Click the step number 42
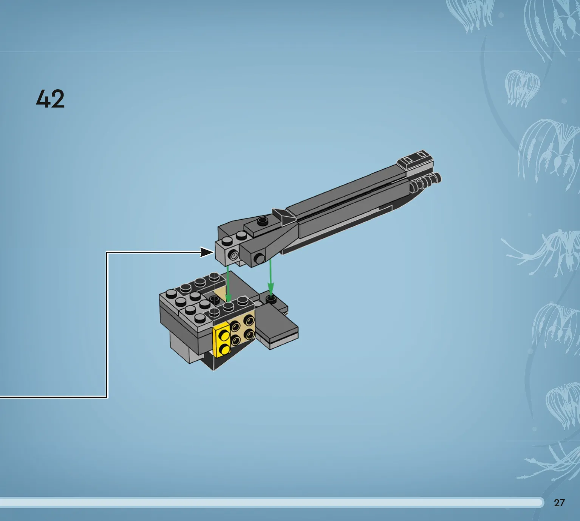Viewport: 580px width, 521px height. click(50, 99)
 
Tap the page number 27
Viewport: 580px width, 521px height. click(559, 502)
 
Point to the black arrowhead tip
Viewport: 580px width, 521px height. click(214, 252)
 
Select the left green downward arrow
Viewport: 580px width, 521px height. click(228, 283)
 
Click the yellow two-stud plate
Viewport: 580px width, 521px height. click(222, 340)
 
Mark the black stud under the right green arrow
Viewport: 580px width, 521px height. click(271, 299)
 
